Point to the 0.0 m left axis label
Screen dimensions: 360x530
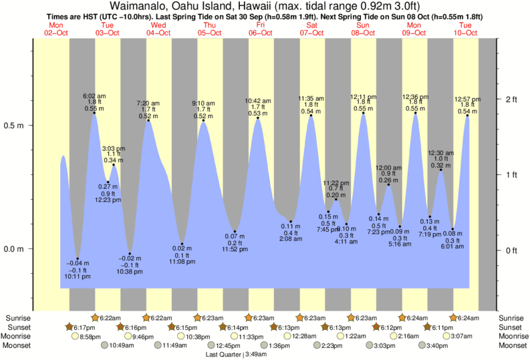tap(15, 249)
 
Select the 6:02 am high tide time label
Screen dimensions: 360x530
tap(94, 95)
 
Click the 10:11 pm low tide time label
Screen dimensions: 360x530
tap(78, 277)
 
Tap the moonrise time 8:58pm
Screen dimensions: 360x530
tap(90, 336)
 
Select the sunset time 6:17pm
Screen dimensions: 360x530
tap(84, 327)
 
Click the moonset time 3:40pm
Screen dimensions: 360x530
tap(438, 345)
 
